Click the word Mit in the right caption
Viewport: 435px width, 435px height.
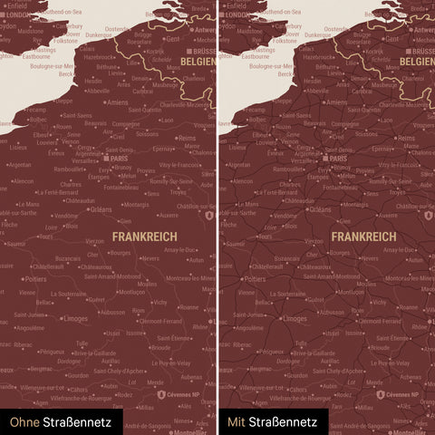pos(237,421)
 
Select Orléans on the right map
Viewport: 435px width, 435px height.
pos(320,209)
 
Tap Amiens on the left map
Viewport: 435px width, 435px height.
pos(118,102)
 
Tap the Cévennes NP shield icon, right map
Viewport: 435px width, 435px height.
pos(378,395)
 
